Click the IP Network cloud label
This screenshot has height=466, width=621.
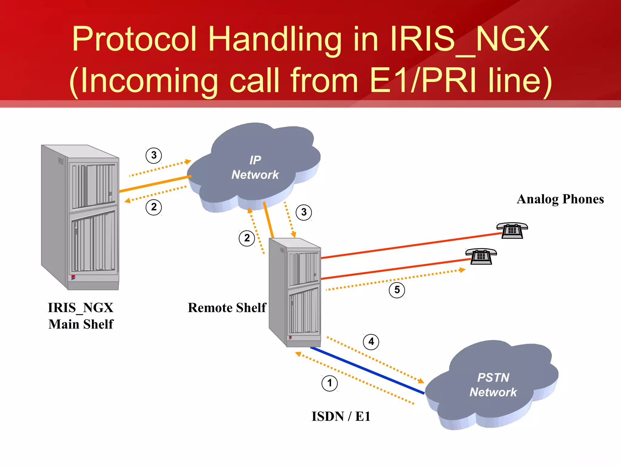(x=255, y=167)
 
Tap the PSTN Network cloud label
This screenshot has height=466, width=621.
(x=493, y=385)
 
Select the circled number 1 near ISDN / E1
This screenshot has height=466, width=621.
(x=330, y=383)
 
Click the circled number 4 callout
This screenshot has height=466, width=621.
(x=371, y=342)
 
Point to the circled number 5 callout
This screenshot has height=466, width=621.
(x=397, y=290)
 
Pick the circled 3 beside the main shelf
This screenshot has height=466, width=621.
(x=154, y=155)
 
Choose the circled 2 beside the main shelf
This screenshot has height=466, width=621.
(x=154, y=207)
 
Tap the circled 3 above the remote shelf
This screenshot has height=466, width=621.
(x=304, y=212)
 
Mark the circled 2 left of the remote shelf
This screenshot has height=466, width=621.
(x=247, y=238)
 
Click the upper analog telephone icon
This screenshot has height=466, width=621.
(x=512, y=231)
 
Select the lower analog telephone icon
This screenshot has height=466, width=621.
(x=481, y=256)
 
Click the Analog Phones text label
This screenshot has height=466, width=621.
(x=560, y=199)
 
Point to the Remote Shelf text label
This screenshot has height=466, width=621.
(x=227, y=308)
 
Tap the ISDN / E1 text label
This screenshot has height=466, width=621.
(x=341, y=416)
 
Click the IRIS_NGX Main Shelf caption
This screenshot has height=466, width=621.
(x=81, y=316)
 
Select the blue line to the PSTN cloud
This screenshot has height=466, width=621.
(x=367, y=370)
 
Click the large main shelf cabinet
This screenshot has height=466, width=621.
(x=81, y=217)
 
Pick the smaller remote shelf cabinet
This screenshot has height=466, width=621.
(x=295, y=292)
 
